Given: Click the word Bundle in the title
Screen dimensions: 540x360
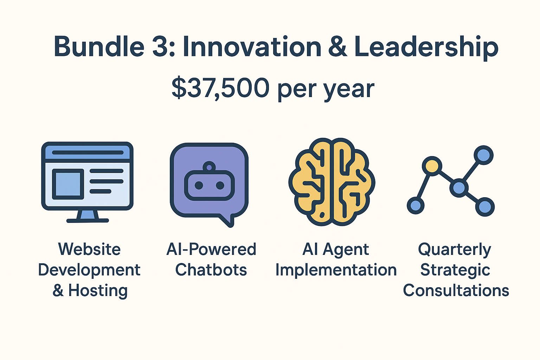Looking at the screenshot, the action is (x=99, y=46).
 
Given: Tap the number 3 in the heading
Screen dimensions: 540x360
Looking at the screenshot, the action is (x=161, y=46).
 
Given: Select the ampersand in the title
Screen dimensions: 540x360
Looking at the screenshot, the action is (x=337, y=46).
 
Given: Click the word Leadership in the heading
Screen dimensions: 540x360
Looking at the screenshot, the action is (x=426, y=48).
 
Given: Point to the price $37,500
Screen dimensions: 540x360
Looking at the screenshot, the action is (x=220, y=88).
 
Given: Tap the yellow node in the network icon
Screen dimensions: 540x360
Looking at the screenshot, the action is (x=432, y=166).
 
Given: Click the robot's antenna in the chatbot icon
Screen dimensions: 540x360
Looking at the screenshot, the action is (x=209, y=167).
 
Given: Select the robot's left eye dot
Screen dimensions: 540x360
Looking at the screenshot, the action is (x=199, y=185).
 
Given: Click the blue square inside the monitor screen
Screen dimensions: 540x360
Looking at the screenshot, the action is (x=68, y=184).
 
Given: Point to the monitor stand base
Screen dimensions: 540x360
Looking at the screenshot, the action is (x=88, y=220).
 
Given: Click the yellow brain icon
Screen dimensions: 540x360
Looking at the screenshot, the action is (x=332, y=182).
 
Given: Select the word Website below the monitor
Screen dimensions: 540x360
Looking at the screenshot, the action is (x=89, y=249).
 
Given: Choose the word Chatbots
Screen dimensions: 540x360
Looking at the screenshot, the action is (x=211, y=270).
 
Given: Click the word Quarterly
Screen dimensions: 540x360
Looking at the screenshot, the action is (x=455, y=250).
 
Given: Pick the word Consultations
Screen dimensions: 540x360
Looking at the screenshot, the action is (x=456, y=290).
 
